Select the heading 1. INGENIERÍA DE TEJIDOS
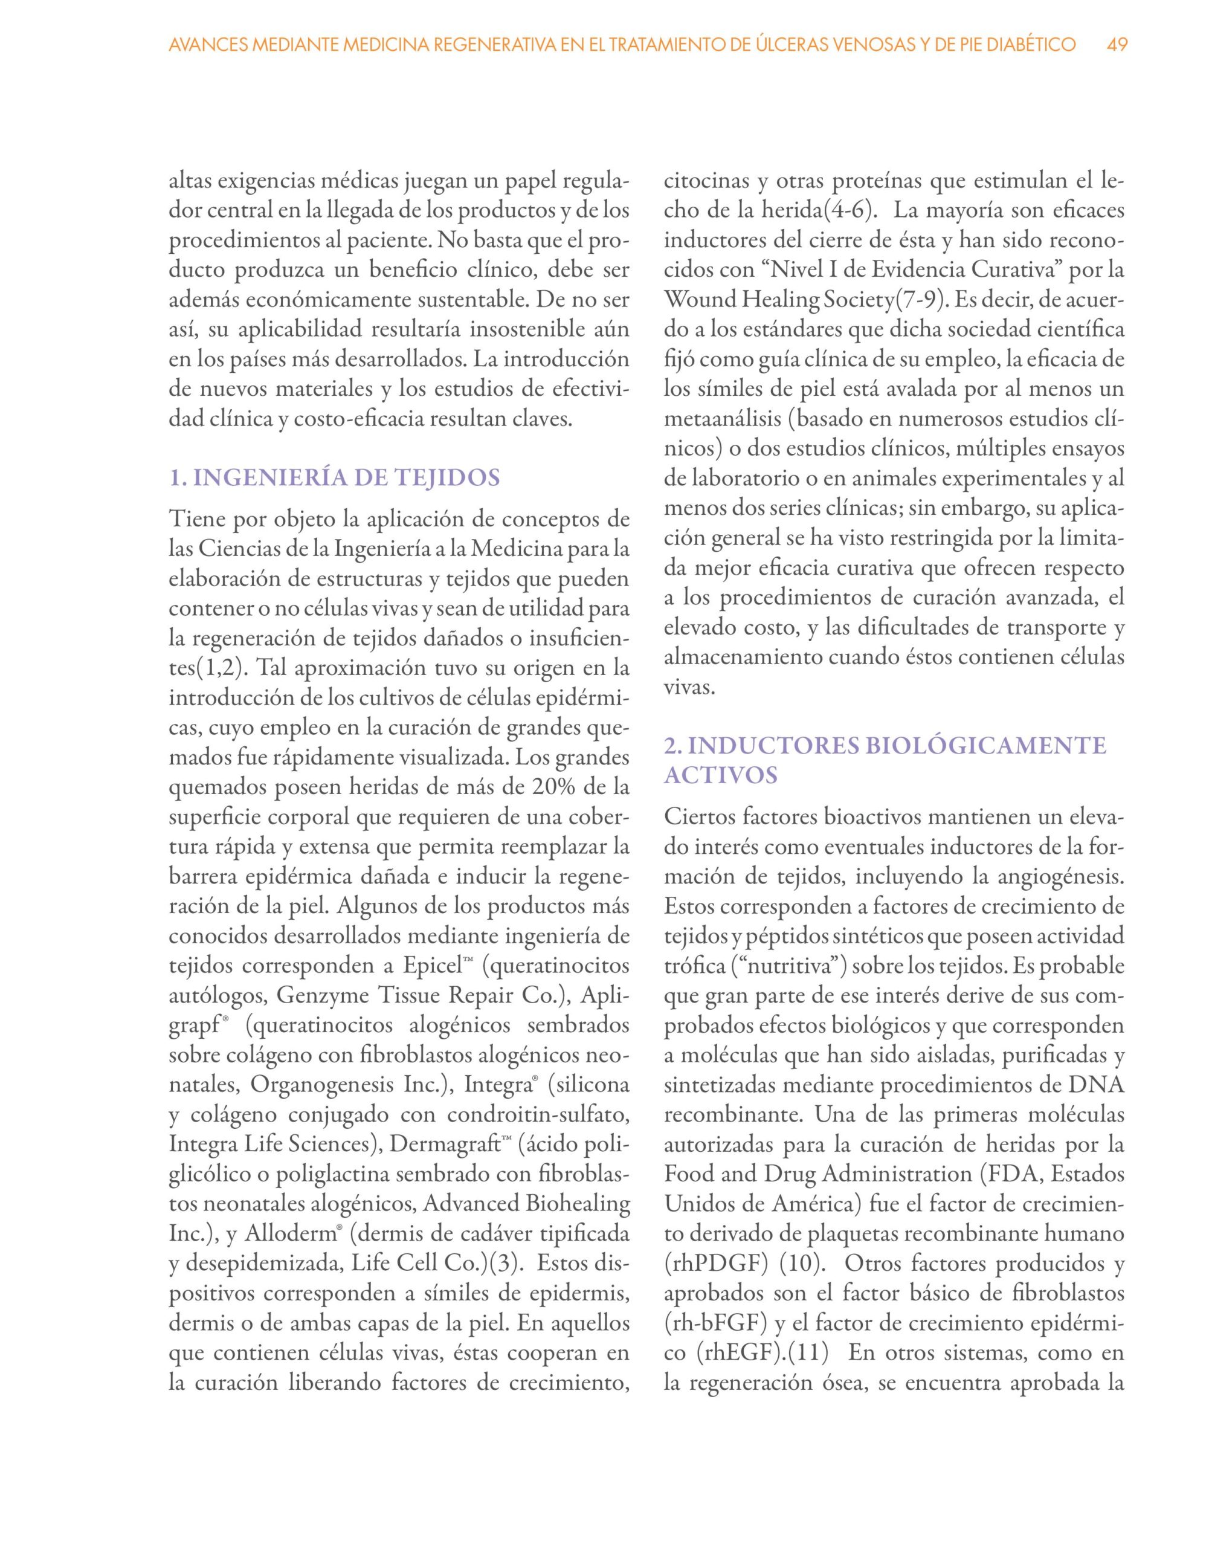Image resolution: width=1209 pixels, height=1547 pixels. (334, 478)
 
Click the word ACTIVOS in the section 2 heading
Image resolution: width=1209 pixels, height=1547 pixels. (721, 776)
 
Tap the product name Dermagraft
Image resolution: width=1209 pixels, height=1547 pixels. (445, 1145)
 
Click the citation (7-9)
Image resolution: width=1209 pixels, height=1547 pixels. (921, 300)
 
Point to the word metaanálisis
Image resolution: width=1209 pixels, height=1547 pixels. (724, 419)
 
